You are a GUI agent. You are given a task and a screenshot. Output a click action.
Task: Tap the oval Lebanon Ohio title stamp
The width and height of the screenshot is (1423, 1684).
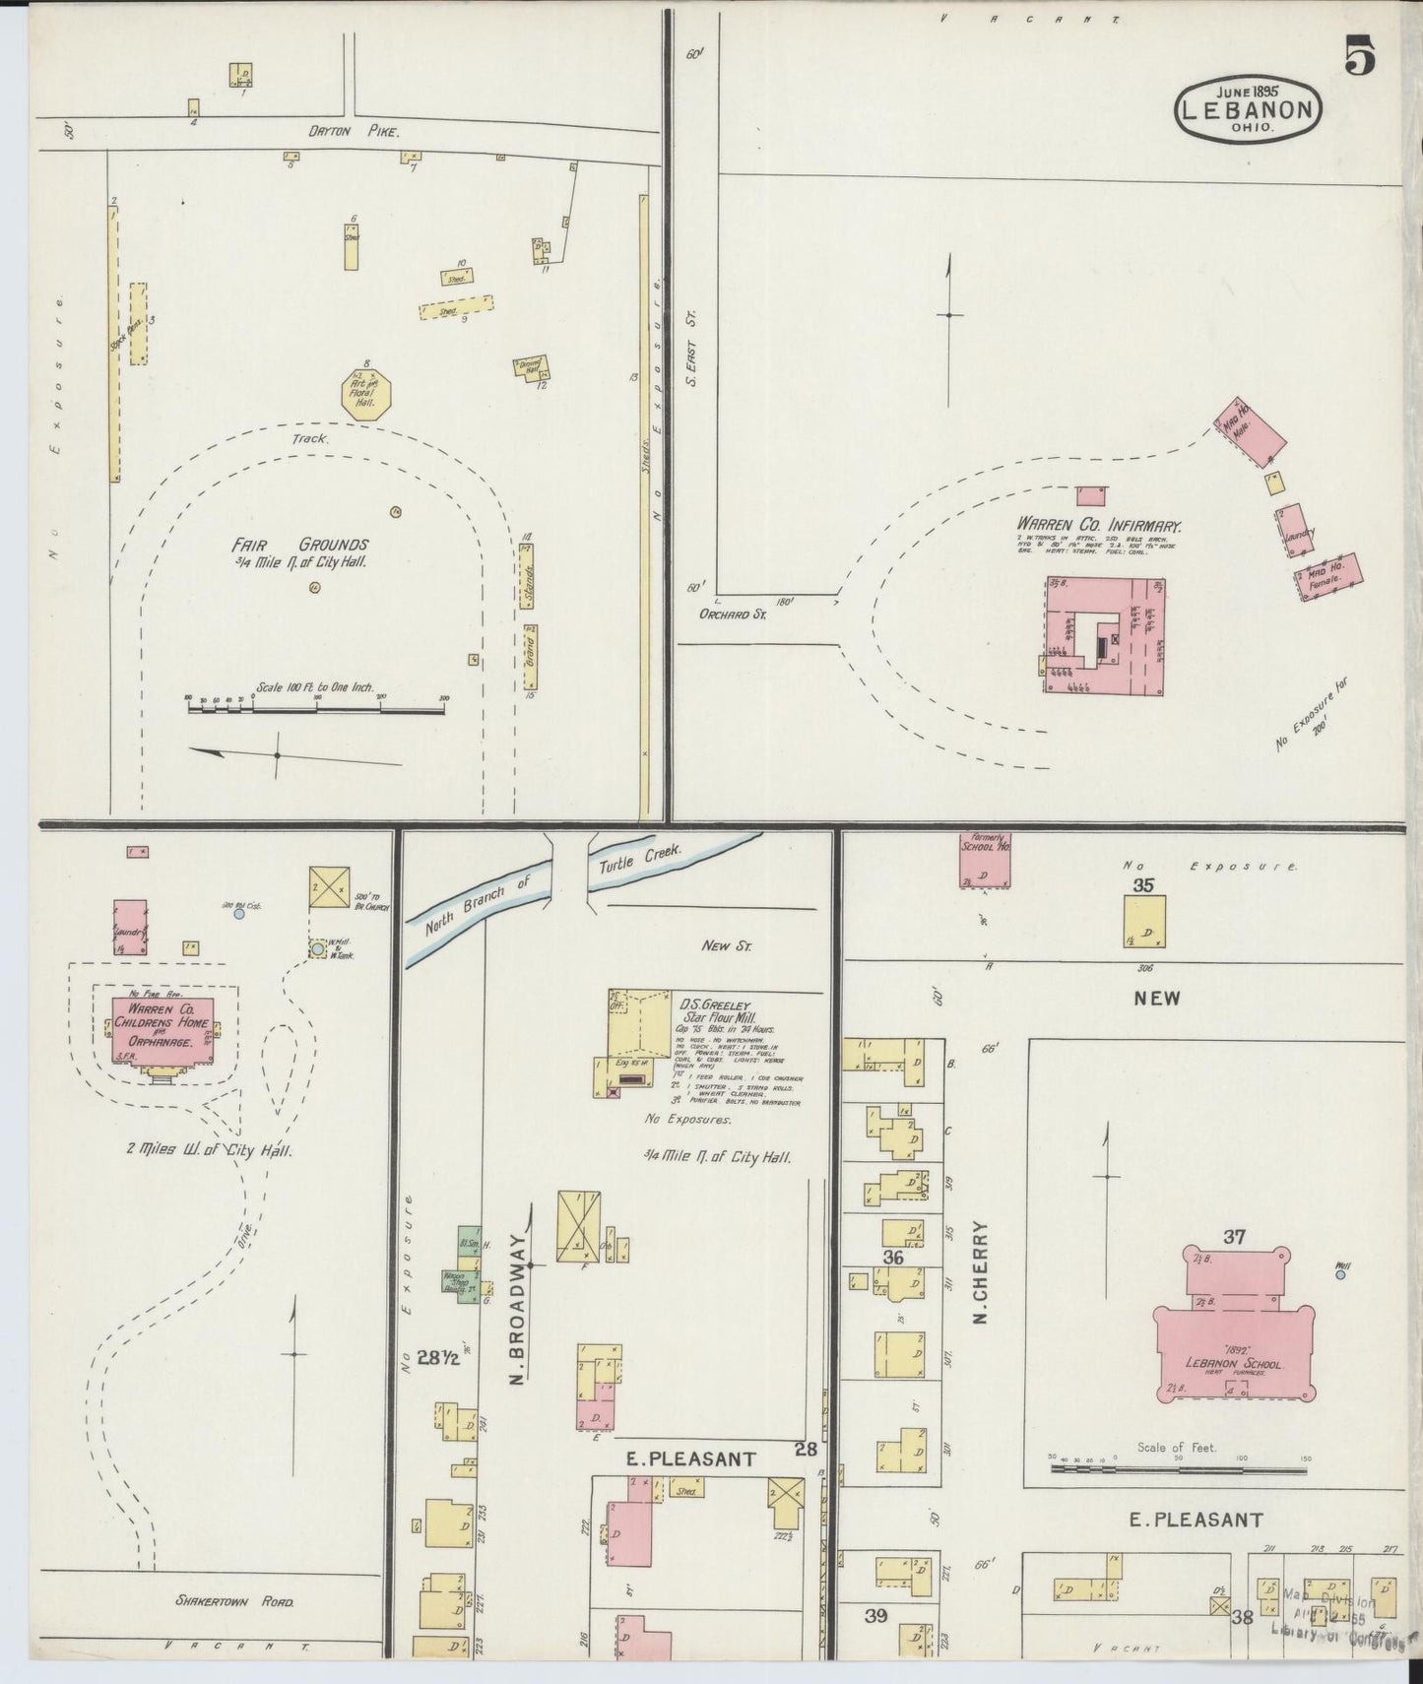tap(1248, 111)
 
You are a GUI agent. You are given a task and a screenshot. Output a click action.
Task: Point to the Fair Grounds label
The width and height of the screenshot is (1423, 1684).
tap(300, 545)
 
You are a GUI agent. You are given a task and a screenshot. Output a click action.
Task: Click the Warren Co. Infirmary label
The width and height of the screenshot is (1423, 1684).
tap(1100, 527)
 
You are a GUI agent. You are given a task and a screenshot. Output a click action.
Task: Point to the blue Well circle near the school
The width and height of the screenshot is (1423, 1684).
tap(1340, 1274)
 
